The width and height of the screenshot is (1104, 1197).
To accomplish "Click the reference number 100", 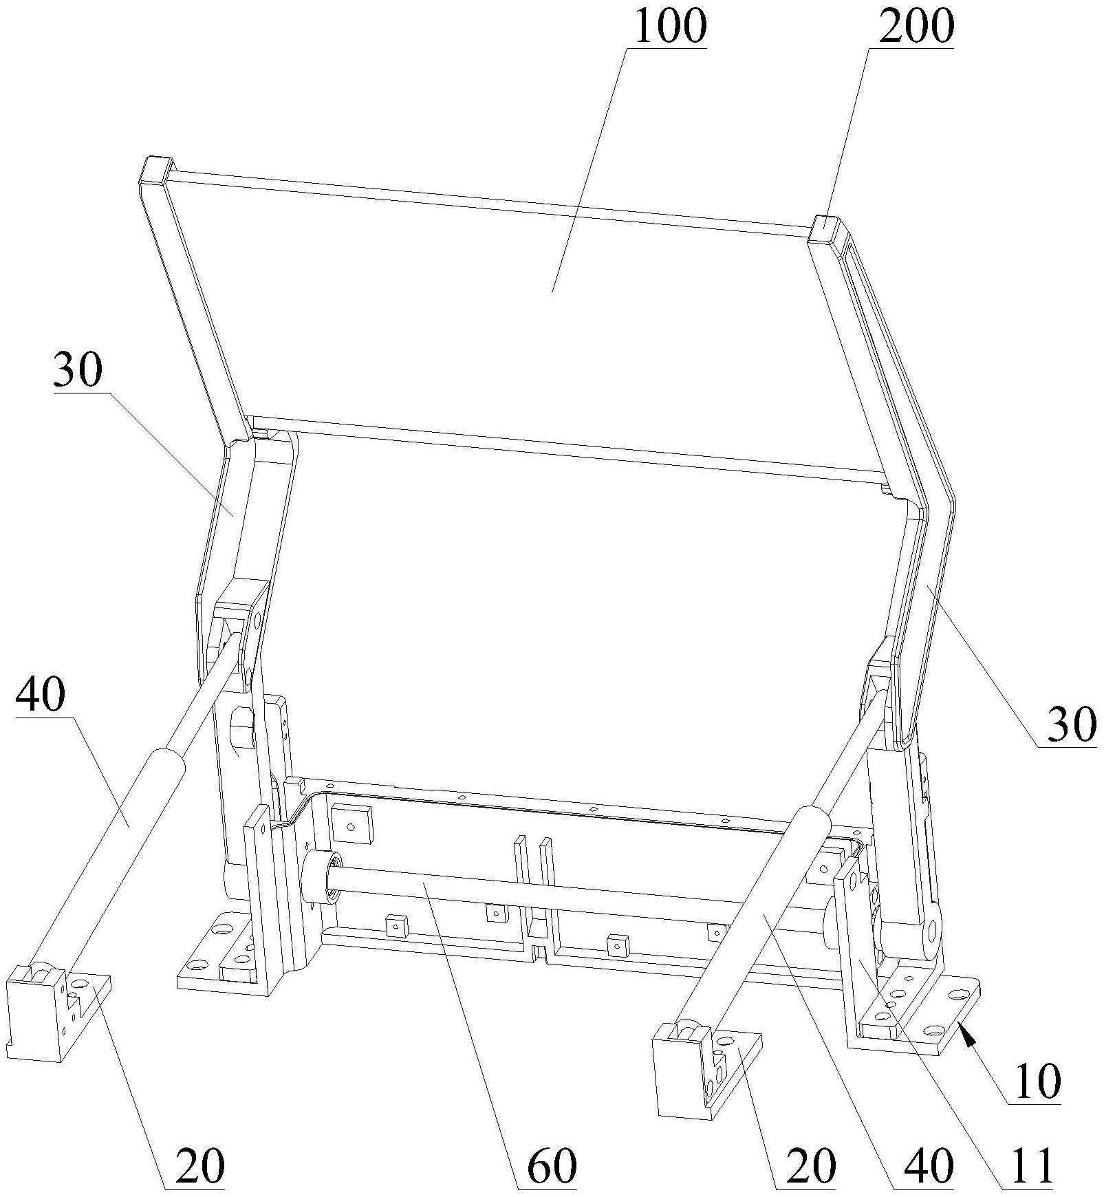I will [670, 26].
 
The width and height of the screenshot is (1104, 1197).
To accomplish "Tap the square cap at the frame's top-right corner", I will [828, 229].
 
